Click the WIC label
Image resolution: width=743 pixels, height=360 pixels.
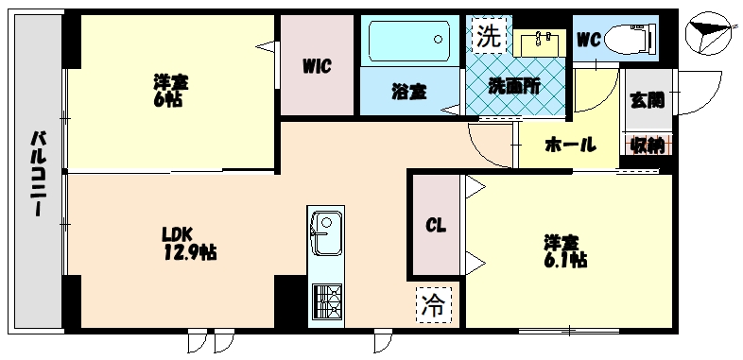click(x=317, y=66)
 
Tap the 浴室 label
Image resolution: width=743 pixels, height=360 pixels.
click(x=408, y=92)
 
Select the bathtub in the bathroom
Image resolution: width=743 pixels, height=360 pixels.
click(x=407, y=43)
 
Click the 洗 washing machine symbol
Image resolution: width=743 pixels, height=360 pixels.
click(x=488, y=37)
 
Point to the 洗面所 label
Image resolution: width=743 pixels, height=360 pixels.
click(x=514, y=85)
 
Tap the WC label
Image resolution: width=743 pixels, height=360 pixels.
click(x=589, y=40)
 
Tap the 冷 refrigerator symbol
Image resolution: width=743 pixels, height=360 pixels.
click(x=433, y=305)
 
